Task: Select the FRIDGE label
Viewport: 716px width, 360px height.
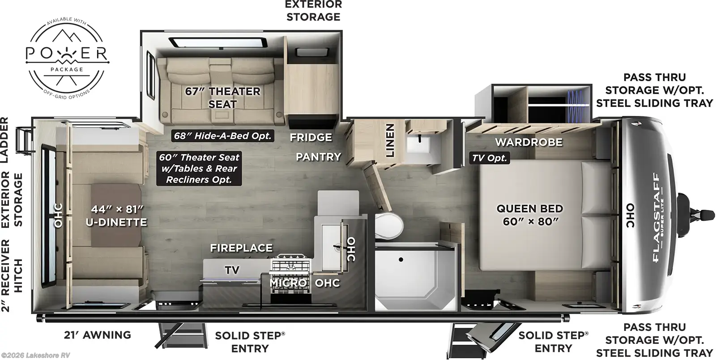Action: (x=311, y=137)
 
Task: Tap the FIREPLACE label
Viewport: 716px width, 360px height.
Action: (x=241, y=248)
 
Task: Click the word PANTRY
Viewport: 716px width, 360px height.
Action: (x=318, y=157)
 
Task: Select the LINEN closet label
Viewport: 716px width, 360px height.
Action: (x=390, y=140)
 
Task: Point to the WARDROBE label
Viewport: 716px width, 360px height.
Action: (x=528, y=142)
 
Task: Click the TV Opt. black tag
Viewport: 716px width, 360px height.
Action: (x=490, y=158)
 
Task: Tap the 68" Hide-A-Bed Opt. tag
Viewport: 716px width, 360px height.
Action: (x=222, y=136)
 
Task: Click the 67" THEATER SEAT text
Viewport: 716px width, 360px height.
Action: (x=222, y=98)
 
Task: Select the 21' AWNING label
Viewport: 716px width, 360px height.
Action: (x=98, y=335)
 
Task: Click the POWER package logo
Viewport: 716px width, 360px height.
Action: (x=67, y=58)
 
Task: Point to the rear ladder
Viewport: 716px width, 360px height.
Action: (x=25, y=140)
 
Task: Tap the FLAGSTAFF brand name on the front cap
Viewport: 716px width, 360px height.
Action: (x=656, y=217)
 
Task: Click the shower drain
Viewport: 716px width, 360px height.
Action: (x=401, y=260)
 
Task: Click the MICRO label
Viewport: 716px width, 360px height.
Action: (x=288, y=283)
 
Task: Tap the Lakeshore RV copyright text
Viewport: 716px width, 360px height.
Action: (x=35, y=355)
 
